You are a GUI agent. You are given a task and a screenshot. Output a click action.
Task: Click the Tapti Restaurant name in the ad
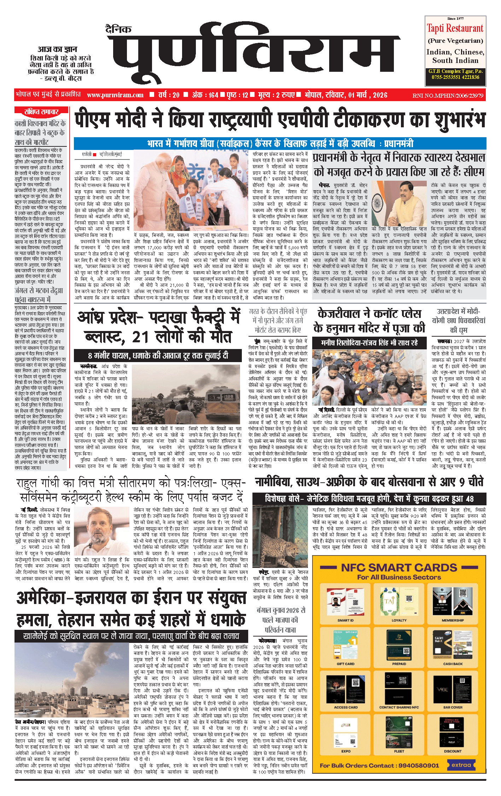(x=455, y=28)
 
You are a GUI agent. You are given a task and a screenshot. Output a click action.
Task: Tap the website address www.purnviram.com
(x=115, y=95)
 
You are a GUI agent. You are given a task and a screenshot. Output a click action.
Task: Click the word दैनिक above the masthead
(x=118, y=29)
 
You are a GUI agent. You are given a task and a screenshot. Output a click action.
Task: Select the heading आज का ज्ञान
(x=57, y=50)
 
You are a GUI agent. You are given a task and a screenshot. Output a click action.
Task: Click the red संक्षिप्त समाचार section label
(x=41, y=112)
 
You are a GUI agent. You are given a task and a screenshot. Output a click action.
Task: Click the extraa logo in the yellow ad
(x=461, y=765)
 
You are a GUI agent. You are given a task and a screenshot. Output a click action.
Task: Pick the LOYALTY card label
(x=399, y=621)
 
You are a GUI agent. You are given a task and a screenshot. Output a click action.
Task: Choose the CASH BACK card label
(x=453, y=664)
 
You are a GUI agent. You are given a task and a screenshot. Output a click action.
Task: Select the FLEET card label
(x=399, y=751)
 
